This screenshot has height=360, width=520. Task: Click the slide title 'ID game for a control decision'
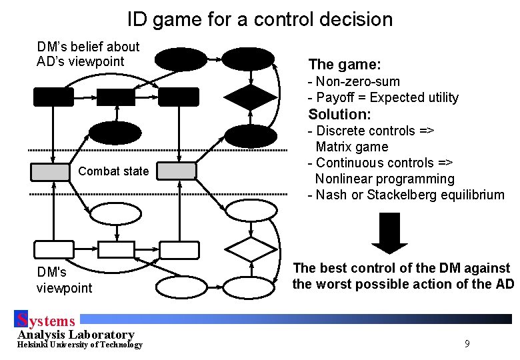click(260, 19)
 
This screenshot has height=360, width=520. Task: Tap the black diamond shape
click(250, 97)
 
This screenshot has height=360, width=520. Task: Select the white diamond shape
click(250, 249)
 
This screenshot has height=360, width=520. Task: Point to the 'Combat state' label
click(113, 171)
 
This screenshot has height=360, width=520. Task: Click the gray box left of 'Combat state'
click(51, 171)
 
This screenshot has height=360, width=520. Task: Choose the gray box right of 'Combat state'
click(177, 171)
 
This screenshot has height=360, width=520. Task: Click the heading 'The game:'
click(345, 65)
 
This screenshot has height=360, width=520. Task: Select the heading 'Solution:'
click(339, 114)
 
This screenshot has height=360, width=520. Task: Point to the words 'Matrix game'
click(351, 147)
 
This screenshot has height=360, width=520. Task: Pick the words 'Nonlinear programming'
click(384, 179)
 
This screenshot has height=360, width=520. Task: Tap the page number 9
click(467, 344)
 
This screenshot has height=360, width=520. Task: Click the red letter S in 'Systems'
click(21, 321)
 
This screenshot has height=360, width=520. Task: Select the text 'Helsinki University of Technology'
click(80, 345)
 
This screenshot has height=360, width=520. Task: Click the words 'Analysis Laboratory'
click(76, 334)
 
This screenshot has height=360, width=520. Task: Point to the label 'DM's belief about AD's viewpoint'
click(88, 54)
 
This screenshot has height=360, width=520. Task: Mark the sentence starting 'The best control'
click(403, 276)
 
